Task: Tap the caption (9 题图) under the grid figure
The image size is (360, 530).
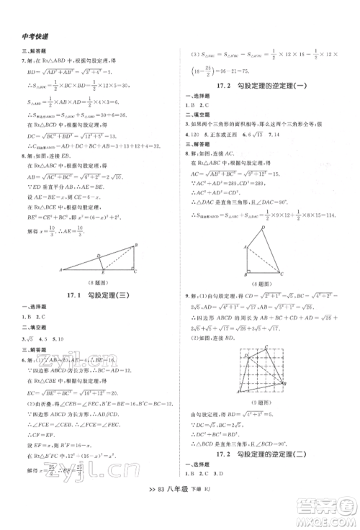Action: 268,403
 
